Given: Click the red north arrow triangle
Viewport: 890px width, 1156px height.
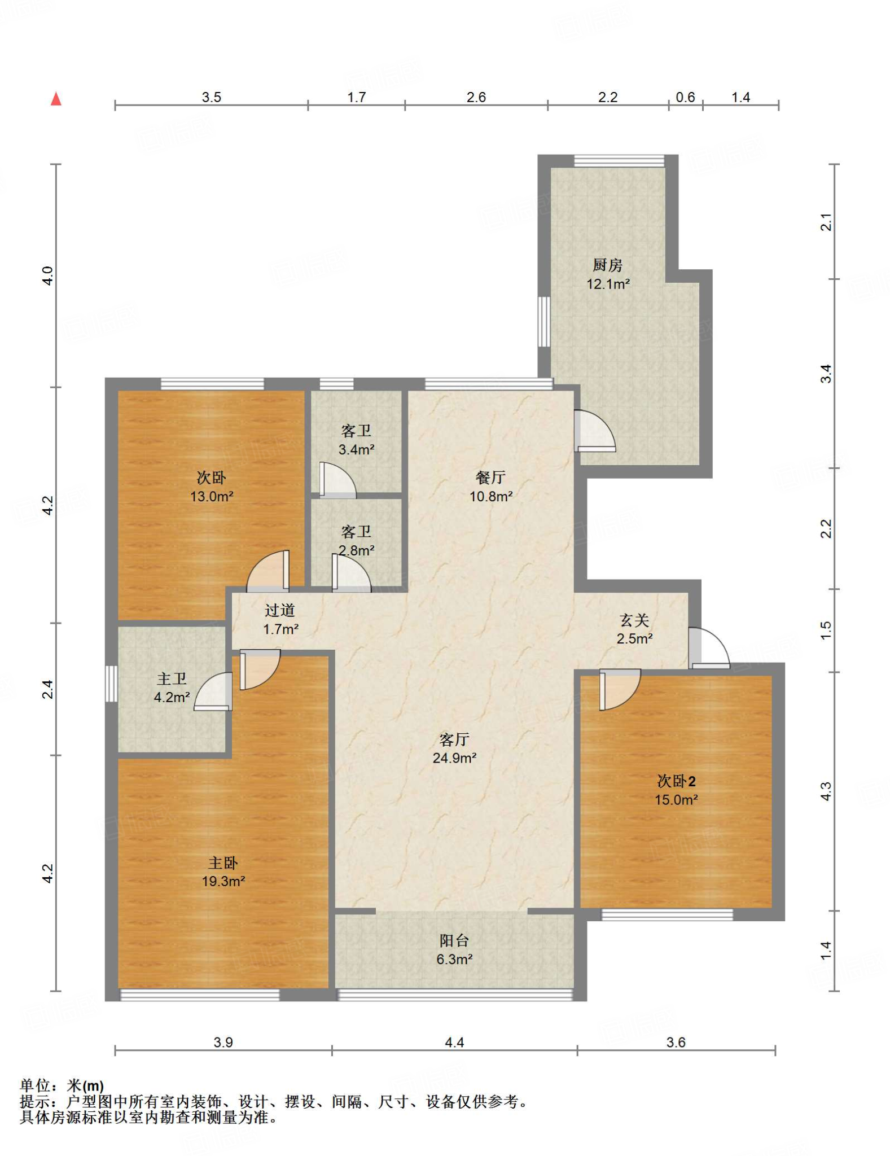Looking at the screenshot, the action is [x=56, y=99].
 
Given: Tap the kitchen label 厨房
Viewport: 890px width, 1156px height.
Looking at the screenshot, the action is [x=607, y=264].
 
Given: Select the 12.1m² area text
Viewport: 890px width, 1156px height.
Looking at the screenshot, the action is [x=608, y=283].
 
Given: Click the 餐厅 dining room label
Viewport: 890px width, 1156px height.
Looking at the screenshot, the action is [x=490, y=477].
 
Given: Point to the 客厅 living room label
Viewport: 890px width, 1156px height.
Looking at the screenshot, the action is [x=454, y=739].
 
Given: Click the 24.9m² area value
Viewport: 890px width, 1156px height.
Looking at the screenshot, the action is [x=454, y=757].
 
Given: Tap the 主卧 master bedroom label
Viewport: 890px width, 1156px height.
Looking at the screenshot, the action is [x=223, y=862].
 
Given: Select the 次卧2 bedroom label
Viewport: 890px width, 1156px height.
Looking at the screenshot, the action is [x=676, y=781].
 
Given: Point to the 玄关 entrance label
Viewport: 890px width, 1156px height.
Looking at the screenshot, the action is [x=634, y=620].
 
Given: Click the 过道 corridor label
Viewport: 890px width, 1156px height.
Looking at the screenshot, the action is [x=280, y=610].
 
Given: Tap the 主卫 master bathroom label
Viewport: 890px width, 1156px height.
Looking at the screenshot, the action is [x=172, y=678].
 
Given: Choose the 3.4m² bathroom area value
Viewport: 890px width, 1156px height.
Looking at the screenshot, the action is [x=356, y=449].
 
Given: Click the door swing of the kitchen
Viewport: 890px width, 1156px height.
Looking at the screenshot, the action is [x=595, y=430].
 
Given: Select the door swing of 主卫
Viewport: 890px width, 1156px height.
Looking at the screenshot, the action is [x=213, y=691].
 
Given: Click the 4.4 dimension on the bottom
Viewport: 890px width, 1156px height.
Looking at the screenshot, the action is [x=454, y=1042].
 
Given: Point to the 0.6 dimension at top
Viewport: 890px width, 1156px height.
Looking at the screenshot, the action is [x=685, y=97].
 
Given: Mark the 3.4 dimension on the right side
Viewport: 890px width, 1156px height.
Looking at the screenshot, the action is [x=826, y=374].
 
